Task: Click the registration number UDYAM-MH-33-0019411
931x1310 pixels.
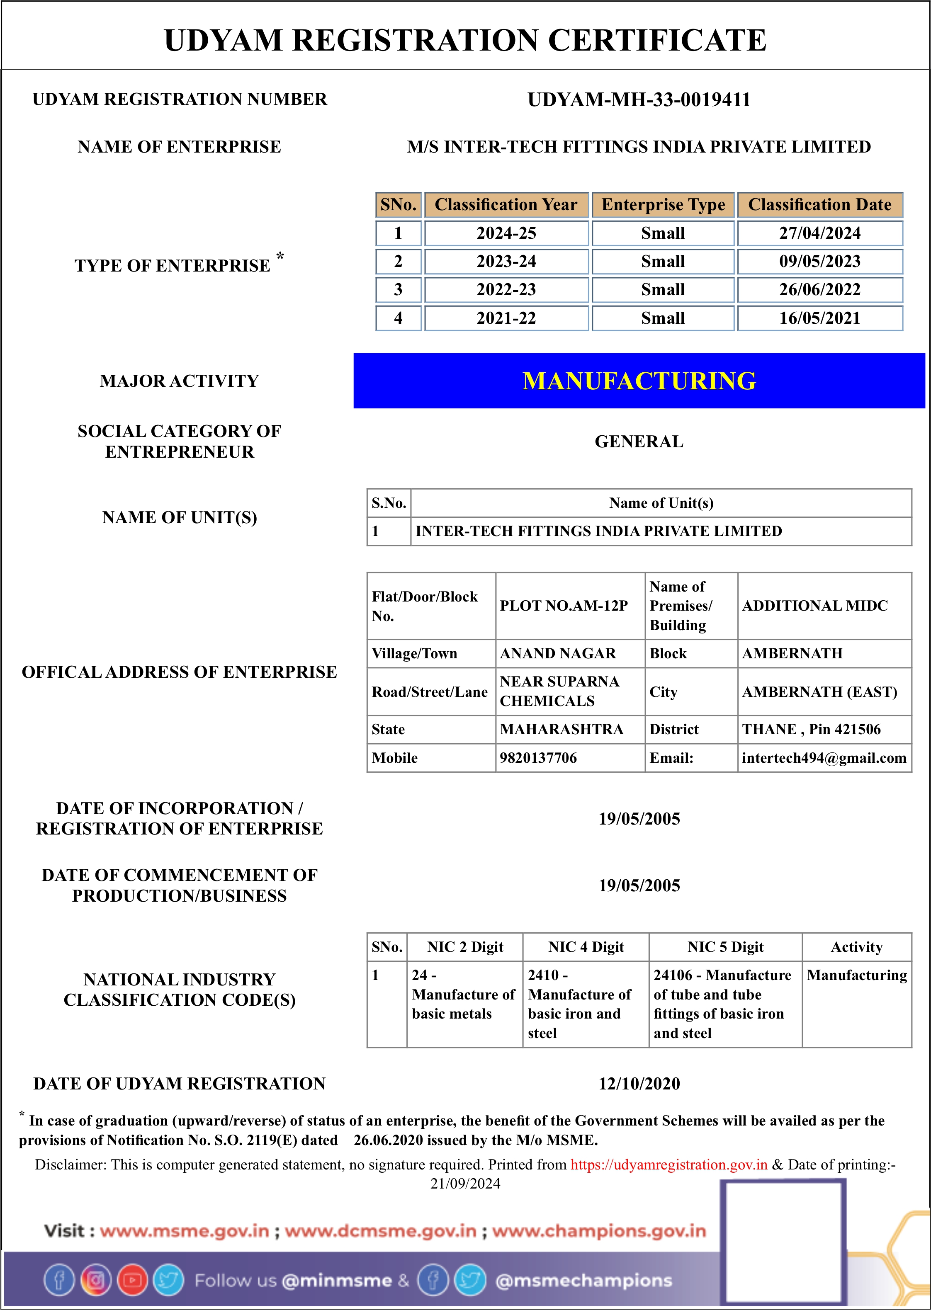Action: coord(639,100)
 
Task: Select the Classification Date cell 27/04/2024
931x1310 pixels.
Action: coord(820,233)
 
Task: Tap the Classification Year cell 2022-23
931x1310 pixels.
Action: coord(506,290)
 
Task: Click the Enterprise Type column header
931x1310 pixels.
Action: coord(663,204)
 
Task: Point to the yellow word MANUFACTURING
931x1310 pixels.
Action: coord(639,381)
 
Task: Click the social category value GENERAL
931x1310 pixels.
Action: coord(639,442)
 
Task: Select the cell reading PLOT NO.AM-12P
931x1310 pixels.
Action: coord(564,606)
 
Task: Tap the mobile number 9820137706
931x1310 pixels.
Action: coord(538,758)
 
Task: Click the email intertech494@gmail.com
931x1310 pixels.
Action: coord(824,758)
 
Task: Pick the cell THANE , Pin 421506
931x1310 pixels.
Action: coord(811,730)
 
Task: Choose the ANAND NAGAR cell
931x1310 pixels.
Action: coord(558,653)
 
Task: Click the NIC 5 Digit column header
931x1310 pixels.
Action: coord(725,947)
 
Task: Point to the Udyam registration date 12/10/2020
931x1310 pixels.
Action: coord(639,1084)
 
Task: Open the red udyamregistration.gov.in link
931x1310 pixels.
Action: coord(668,1165)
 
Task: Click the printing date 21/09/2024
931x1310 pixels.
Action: coord(465,1184)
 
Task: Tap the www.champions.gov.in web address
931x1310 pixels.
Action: coord(599,1231)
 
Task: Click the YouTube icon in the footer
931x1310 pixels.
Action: coord(132,1281)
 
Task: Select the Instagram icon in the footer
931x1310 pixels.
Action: coord(96,1281)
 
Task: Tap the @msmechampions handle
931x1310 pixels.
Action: coord(583,1281)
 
